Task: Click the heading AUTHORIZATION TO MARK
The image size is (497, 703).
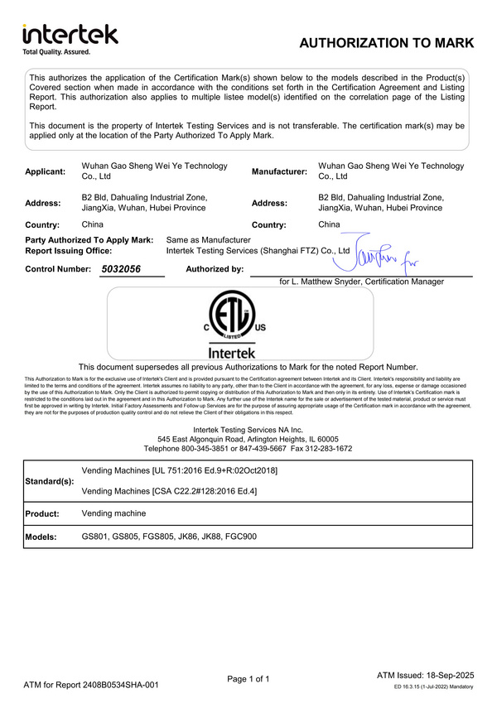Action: click(x=386, y=43)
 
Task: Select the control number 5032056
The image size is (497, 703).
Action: click(x=122, y=269)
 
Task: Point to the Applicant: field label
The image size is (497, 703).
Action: click(x=46, y=171)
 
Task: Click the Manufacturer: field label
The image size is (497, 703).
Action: click(x=279, y=171)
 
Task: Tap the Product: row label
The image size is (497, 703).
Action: click(x=43, y=513)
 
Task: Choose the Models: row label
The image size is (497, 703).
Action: click(x=41, y=537)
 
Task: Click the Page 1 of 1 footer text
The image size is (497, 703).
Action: click(x=248, y=679)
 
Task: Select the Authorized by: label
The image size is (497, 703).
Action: click(x=215, y=269)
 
